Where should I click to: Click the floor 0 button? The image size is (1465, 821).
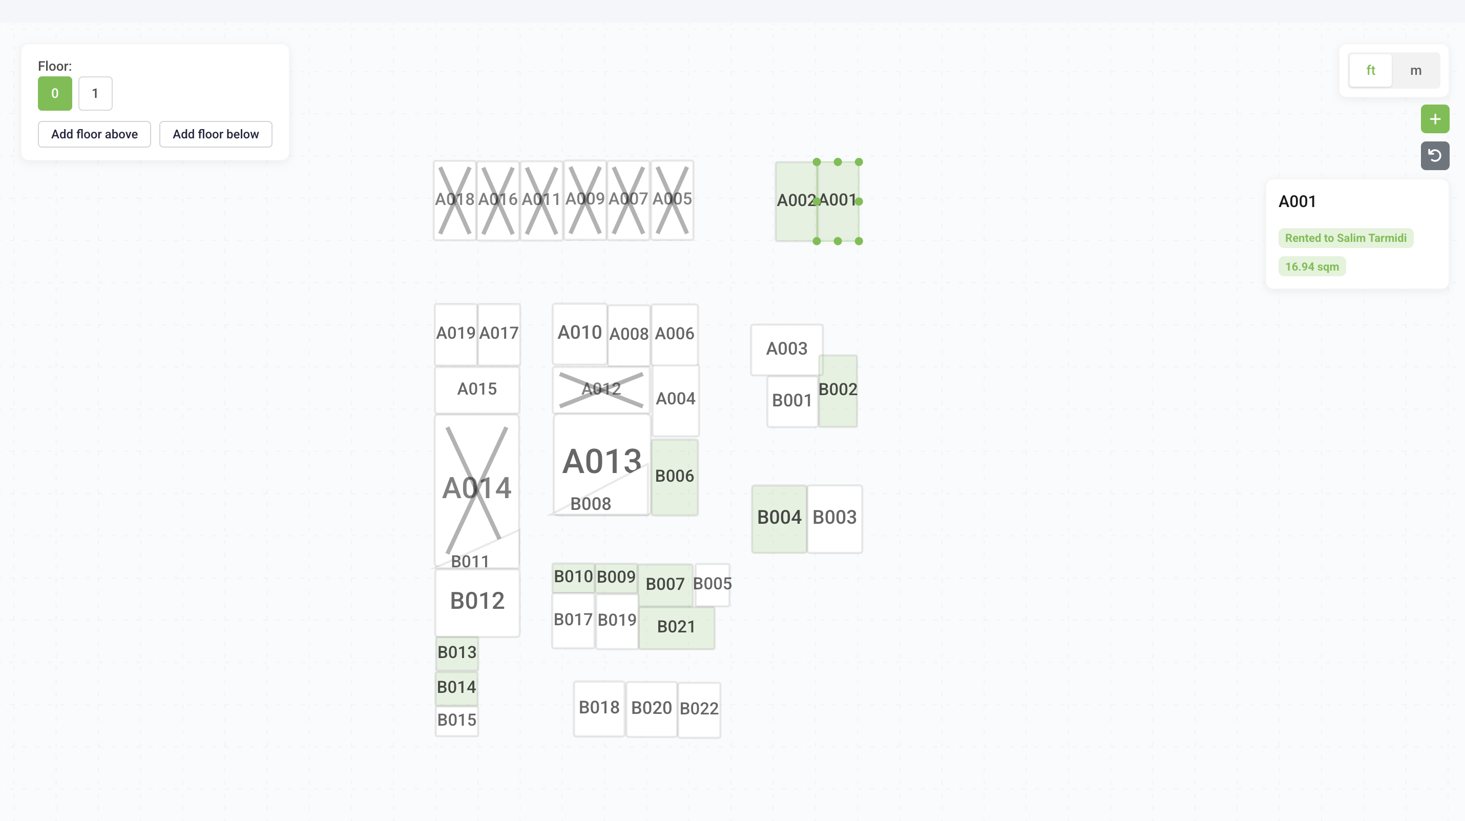point(55,93)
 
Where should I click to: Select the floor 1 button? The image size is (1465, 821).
point(95,93)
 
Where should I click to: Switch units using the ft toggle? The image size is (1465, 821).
point(1370,71)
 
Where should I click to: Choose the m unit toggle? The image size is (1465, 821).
point(1415,71)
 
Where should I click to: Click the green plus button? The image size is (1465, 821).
point(1434,119)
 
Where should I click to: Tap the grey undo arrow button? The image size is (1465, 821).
point(1434,155)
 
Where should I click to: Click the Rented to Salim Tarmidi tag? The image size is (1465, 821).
point(1345,238)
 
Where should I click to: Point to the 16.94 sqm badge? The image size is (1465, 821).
point(1311,266)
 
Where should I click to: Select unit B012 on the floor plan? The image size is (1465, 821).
point(476,601)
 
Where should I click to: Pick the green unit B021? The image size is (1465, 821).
point(676,627)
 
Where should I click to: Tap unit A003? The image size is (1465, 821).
point(786,349)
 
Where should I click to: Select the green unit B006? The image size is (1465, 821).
point(674,476)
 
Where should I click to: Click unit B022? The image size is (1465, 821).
point(699,709)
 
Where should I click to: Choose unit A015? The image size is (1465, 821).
point(476,389)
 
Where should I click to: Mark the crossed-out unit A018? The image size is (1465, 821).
point(454,200)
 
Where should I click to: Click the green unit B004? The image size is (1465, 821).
point(779,518)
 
